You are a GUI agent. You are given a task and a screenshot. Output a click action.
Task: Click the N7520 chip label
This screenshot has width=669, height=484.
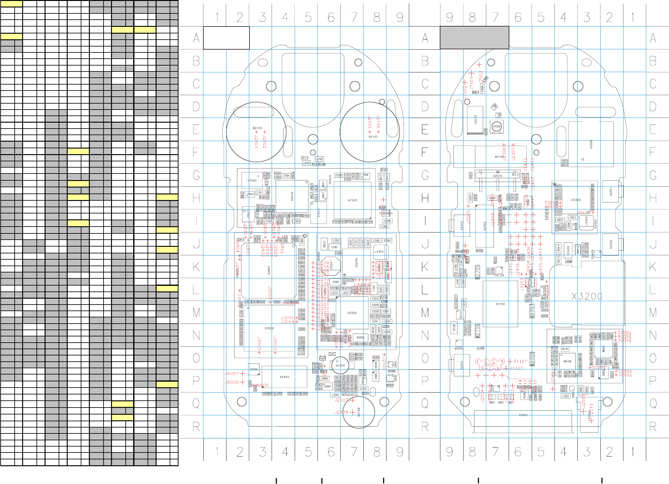click(x=352, y=200)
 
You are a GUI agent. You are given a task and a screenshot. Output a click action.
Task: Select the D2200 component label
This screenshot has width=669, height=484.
click(x=352, y=313)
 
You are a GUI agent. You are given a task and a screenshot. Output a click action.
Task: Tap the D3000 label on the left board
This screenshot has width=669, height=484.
click(x=269, y=328)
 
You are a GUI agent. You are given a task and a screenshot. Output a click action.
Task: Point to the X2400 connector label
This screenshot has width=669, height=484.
click(x=284, y=377)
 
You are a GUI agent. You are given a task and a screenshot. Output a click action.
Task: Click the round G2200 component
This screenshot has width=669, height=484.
click(x=340, y=365)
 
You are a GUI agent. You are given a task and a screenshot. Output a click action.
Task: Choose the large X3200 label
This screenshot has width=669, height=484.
click(x=587, y=296)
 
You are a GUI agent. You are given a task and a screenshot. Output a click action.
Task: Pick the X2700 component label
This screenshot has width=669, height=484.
click(x=500, y=304)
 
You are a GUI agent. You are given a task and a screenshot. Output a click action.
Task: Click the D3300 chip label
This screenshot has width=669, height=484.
click(x=576, y=200)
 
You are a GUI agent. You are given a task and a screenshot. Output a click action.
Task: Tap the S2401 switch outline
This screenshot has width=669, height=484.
click(x=611, y=191)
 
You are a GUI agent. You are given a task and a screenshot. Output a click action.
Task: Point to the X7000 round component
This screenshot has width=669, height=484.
click(x=497, y=127)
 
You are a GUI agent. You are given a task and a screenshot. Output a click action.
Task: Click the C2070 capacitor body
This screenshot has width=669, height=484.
click(x=475, y=120)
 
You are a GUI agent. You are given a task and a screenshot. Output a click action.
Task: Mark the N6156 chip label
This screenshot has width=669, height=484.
click(x=567, y=361)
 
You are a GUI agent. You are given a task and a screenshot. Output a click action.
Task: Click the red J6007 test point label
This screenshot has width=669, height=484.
click(x=232, y=374)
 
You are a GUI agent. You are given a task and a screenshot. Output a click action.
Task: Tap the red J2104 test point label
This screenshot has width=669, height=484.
click(x=341, y=412)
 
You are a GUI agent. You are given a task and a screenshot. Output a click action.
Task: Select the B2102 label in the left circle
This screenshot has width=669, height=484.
click(x=257, y=128)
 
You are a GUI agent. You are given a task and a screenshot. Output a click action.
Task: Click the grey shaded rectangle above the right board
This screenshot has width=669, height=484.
click(x=474, y=38)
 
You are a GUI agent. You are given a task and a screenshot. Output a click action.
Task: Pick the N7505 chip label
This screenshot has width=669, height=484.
click(x=292, y=196)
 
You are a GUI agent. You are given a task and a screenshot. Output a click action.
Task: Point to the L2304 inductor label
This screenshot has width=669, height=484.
click(x=379, y=252)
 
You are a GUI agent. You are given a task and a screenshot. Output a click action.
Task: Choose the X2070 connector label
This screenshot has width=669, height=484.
click(x=497, y=176)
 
